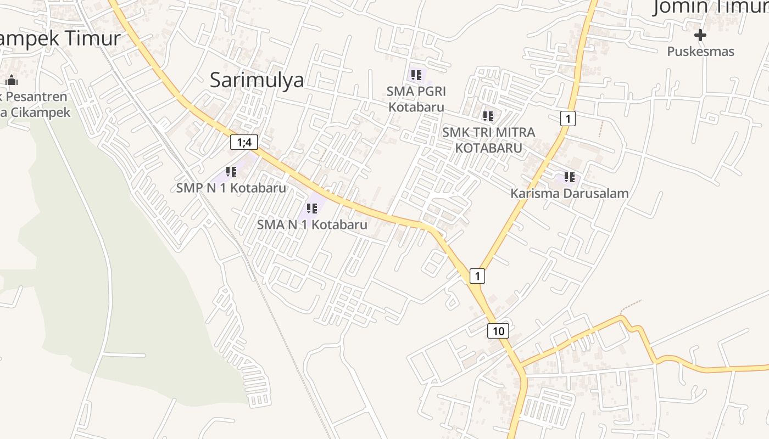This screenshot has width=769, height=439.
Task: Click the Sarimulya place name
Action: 257,80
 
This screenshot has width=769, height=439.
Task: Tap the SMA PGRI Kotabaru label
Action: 416,98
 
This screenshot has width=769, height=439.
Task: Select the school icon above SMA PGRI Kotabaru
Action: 416,75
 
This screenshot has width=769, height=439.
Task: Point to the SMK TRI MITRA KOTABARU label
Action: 488,140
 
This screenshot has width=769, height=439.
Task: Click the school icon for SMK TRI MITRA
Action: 488,116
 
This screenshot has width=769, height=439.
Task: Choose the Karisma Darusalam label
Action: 569,193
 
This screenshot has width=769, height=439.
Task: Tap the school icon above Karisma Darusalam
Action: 569,177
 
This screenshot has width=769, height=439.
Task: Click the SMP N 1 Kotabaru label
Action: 231,188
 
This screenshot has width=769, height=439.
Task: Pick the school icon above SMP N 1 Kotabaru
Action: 231,172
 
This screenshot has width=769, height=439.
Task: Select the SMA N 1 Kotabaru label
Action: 312,224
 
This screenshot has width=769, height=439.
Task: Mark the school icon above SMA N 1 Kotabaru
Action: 312,209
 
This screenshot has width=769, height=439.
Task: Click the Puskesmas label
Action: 700,52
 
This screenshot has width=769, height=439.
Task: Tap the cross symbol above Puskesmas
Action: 700,36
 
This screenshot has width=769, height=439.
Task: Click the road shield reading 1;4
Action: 244,143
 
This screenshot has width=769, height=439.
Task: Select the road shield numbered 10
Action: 498,331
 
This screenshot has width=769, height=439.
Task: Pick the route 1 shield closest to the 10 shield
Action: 477,275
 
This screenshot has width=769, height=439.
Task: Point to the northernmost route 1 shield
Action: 567,118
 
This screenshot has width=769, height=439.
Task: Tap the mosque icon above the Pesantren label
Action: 12,81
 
